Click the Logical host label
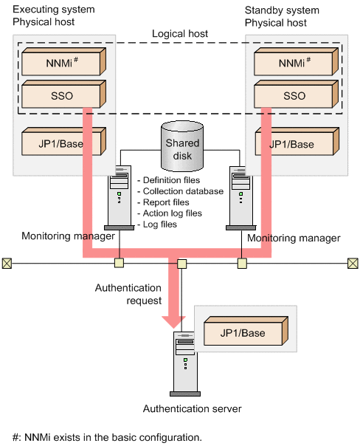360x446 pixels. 180,34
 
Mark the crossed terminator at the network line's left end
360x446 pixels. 7,262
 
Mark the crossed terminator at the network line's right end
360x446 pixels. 353,262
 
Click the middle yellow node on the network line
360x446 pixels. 181,263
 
